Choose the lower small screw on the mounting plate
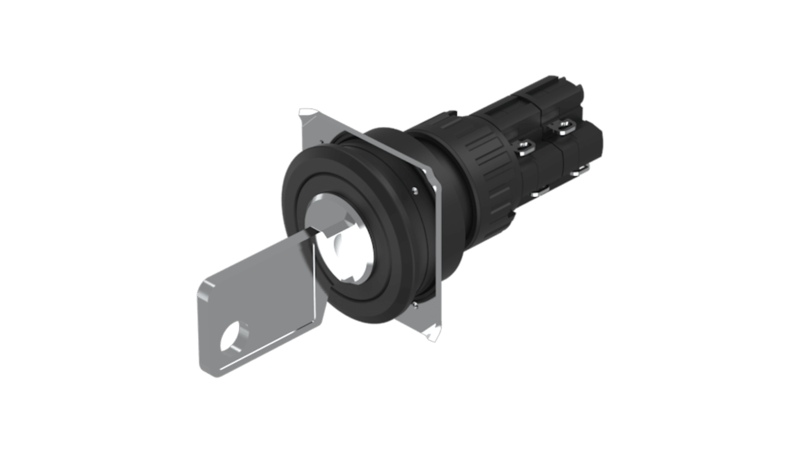point(415,305)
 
